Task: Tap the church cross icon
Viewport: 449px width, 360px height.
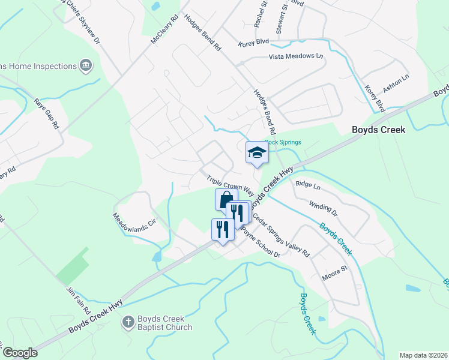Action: click(127, 323)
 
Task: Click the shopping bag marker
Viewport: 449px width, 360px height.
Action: click(226, 200)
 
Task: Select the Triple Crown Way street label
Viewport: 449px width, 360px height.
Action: click(230, 186)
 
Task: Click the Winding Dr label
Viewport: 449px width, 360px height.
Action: click(323, 208)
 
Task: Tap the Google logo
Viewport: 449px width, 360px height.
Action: click(20, 353)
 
